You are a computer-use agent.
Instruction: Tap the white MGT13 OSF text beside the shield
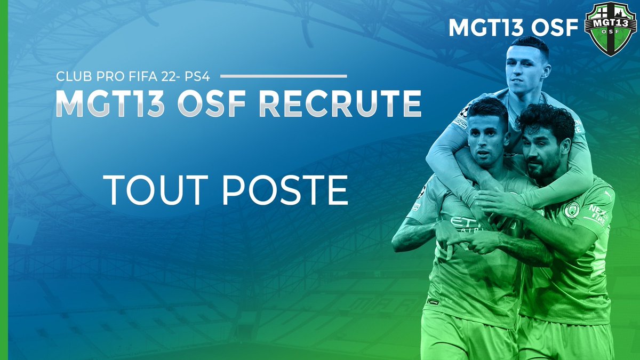coord(514,28)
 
